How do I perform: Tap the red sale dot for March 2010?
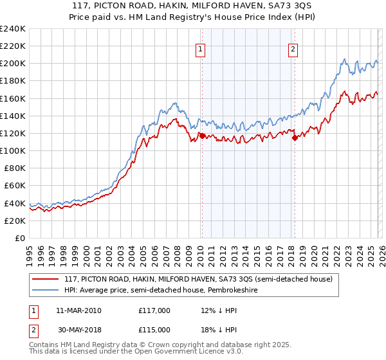pos(202,136)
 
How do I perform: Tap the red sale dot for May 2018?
pos(295,138)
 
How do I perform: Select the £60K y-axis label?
pos(15,185)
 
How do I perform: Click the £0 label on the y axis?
pos(21,238)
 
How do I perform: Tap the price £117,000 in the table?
pos(154,310)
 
